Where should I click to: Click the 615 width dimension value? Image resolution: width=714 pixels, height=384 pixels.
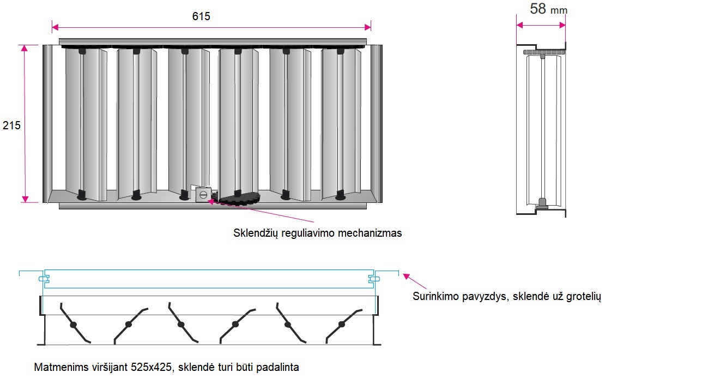(201, 16)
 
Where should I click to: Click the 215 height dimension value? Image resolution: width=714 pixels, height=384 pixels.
(11, 125)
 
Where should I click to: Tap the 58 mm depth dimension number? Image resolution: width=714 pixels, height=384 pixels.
(538, 9)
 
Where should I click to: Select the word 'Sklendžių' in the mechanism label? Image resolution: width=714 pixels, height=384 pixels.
(256, 233)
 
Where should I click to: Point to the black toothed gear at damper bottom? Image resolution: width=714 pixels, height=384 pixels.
(240, 199)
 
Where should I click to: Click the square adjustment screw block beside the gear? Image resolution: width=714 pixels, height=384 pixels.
(203, 194)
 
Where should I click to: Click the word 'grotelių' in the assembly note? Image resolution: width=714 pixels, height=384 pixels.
(583, 297)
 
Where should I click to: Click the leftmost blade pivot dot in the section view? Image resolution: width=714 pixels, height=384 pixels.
(73, 325)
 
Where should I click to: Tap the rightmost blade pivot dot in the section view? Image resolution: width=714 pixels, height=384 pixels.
(342, 325)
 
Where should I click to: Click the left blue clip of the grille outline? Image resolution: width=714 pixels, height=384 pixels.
(43, 279)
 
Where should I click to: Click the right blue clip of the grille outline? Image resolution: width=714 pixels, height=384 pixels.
(373, 279)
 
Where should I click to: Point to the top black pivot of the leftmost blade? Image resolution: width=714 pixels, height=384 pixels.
(82, 51)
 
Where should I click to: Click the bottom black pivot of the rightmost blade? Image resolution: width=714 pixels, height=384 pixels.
(340, 194)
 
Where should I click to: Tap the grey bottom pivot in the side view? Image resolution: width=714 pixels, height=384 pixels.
(542, 203)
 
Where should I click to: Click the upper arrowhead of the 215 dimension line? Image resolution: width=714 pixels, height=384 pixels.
(24, 49)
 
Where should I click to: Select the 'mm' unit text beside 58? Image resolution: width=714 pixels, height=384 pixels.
(559, 10)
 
